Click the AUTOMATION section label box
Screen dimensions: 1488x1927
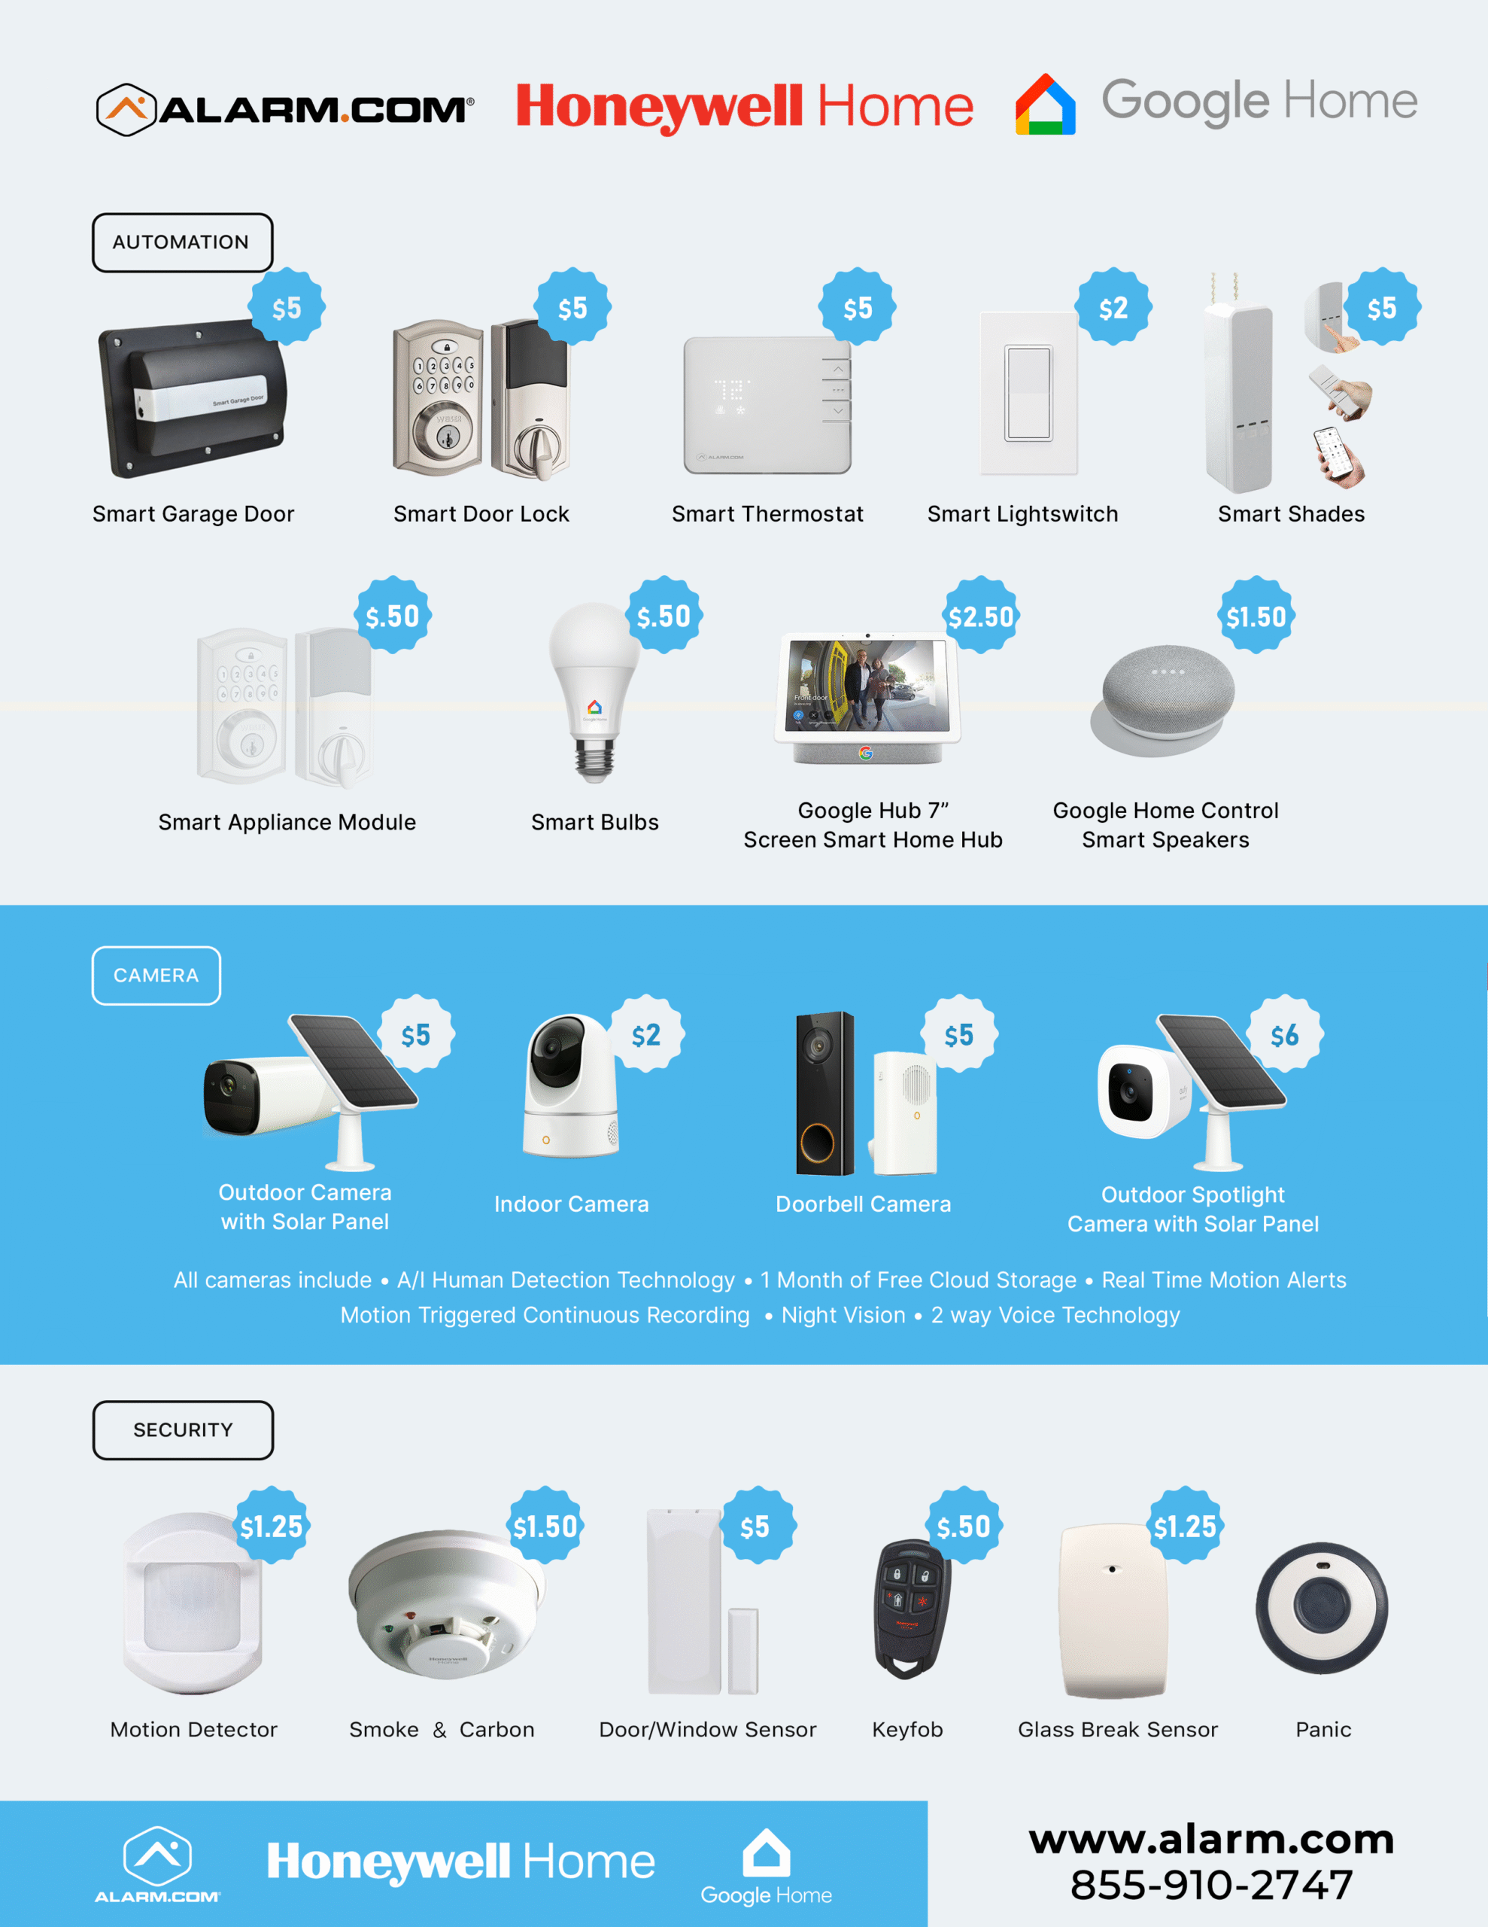pyautogui.click(x=183, y=242)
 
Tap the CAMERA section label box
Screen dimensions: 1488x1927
pyautogui.click(x=156, y=975)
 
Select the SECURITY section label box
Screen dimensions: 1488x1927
pyautogui.click(x=183, y=1429)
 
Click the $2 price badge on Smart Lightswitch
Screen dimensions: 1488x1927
pyautogui.click(x=1113, y=307)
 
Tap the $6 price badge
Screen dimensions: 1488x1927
pyautogui.click(x=1284, y=1034)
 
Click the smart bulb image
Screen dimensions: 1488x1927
pyautogui.click(x=594, y=693)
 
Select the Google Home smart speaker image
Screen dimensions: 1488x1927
pyautogui.click(x=1162, y=702)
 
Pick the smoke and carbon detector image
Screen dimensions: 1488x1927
pyautogui.click(x=446, y=1601)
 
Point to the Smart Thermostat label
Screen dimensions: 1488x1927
pyautogui.click(x=767, y=513)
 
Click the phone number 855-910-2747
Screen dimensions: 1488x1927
pyautogui.click(x=1211, y=1885)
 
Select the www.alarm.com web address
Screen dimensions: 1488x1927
pyautogui.click(x=1211, y=1839)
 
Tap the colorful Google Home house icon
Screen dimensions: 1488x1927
pyautogui.click(x=1045, y=104)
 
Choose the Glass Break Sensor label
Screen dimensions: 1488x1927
pyautogui.click(x=1118, y=1729)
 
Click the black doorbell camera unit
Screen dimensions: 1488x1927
pyautogui.click(x=824, y=1093)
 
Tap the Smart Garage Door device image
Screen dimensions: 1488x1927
pyautogui.click(x=193, y=399)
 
